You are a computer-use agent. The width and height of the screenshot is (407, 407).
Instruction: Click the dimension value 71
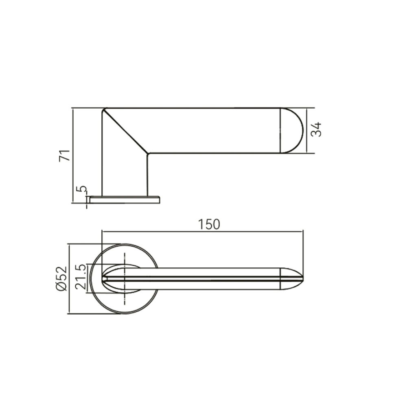(x=65, y=155)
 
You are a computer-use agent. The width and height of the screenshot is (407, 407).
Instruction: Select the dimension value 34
(x=316, y=129)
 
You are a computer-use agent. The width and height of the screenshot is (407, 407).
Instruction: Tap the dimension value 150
(x=209, y=225)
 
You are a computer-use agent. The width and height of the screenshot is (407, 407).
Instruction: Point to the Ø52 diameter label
(x=61, y=278)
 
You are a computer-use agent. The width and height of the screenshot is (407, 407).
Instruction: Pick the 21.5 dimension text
(x=81, y=277)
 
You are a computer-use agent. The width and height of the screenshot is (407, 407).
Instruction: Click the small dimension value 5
(x=82, y=188)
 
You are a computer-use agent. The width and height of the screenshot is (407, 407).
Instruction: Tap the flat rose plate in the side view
(x=124, y=199)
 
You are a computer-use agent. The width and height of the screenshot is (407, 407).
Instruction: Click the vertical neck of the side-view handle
(x=125, y=175)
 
